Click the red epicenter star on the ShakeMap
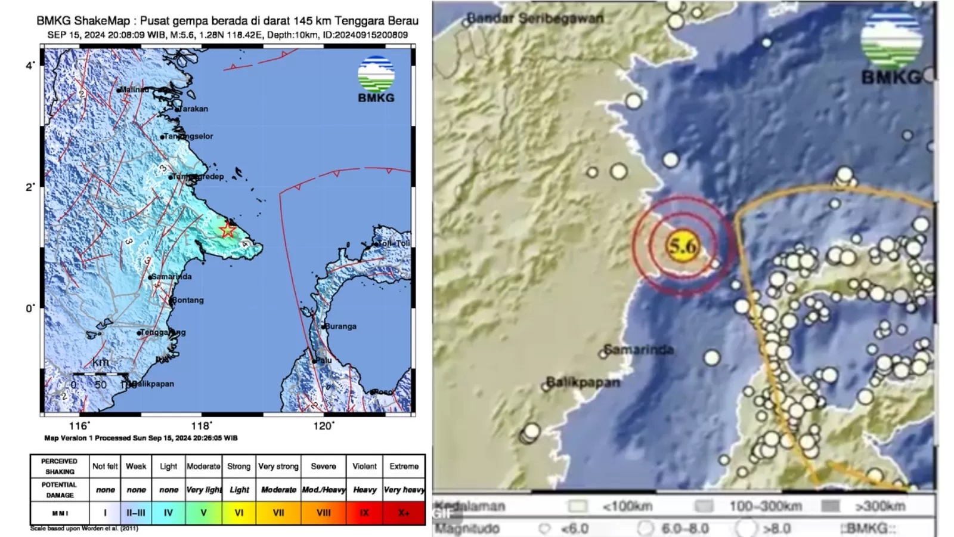(x=227, y=230)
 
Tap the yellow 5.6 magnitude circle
(x=682, y=246)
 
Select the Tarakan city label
(x=194, y=109)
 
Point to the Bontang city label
(x=188, y=300)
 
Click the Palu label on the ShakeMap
(x=323, y=360)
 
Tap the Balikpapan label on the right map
(x=583, y=382)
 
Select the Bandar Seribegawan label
(x=535, y=18)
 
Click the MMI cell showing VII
(x=278, y=513)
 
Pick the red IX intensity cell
(x=364, y=513)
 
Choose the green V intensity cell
(x=203, y=513)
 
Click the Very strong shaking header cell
(x=278, y=466)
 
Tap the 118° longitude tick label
(x=201, y=425)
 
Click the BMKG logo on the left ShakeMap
(x=376, y=79)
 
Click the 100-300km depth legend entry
(x=765, y=507)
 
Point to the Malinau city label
(x=134, y=89)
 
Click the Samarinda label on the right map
(x=639, y=350)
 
